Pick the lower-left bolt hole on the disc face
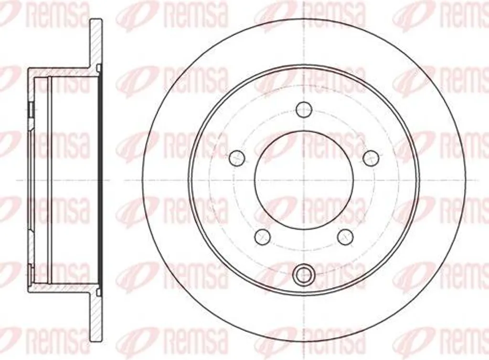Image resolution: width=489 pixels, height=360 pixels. (262, 236)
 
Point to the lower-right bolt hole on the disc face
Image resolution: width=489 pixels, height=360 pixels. (346, 236)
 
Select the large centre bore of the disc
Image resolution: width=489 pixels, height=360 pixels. (304, 180)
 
